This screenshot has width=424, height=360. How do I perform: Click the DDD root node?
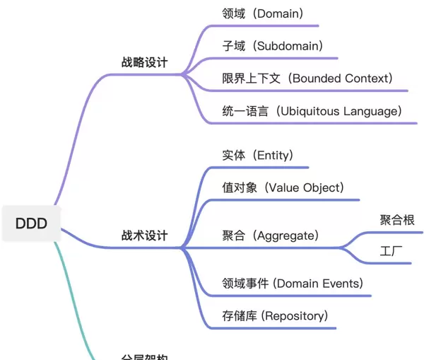click(x=31, y=224)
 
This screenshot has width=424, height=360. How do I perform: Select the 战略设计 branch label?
click(x=144, y=62)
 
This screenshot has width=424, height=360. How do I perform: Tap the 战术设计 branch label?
click(x=144, y=236)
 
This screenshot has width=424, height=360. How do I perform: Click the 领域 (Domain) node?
click(x=262, y=13)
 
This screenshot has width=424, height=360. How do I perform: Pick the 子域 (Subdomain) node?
click(x=272, y=46)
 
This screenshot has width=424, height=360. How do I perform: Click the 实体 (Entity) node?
click(x=257, y=155)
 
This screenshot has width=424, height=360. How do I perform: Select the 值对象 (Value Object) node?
click(x=283, y=187)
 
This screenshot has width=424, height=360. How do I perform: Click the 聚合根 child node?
click(x=397, y=219)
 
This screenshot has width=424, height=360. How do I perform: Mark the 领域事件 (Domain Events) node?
click(x=292, y=283)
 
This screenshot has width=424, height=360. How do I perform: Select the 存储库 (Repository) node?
click(x=274, y=315)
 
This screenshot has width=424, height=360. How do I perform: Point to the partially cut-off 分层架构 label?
click(x=144, y=356)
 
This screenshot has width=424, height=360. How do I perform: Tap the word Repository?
click(x=295, y=315)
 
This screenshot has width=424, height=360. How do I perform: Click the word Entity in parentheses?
click(x=273, y=155)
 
